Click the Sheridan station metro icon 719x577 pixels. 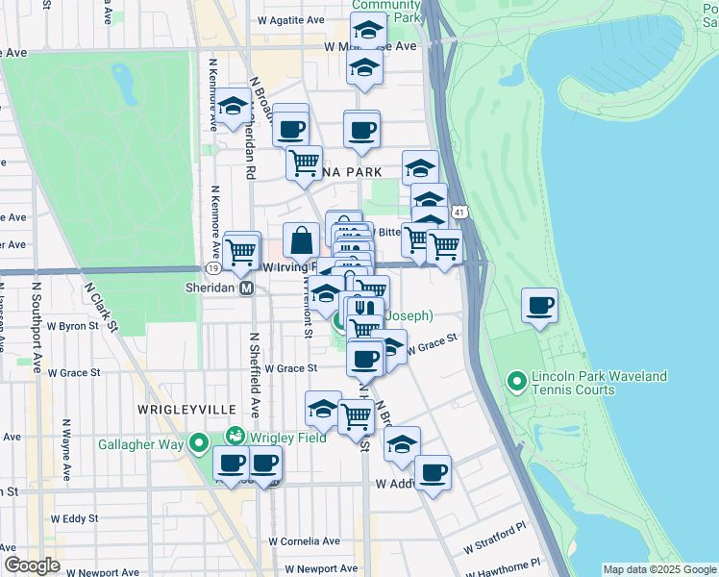pos(247,288)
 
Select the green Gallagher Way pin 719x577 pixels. pos(199,443)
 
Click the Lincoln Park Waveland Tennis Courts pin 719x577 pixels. pos(518,383)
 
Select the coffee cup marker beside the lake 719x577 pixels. pos(540,306)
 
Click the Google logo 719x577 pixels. pos(31,565)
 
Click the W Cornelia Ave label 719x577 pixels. pos(305,541)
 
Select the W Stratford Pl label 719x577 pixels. pos(495,539)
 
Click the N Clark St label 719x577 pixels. pos(100,306)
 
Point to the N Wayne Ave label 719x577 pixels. pos(67,450)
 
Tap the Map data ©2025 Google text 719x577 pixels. pos(658,569)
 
